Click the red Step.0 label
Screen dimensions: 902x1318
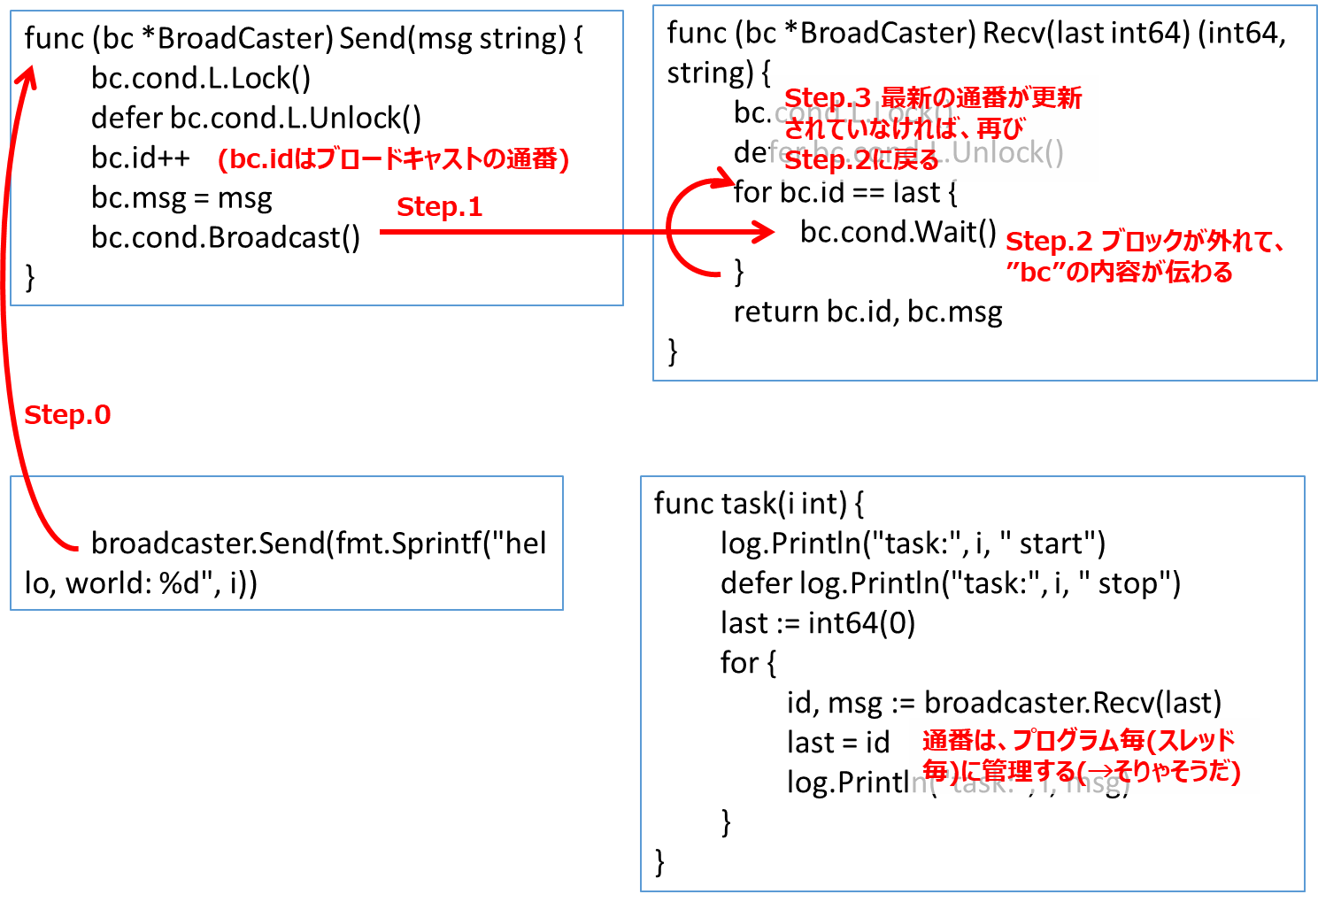(67, 415)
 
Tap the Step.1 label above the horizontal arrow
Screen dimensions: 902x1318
(439, 207)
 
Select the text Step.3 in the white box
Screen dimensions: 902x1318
(828, 97)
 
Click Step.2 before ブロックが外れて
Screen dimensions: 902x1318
(1049, 242)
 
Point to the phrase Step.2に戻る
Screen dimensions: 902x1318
(861, 160)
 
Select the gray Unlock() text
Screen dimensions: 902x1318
(1008, 152)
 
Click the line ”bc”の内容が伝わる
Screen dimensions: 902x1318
(1119, 273)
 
